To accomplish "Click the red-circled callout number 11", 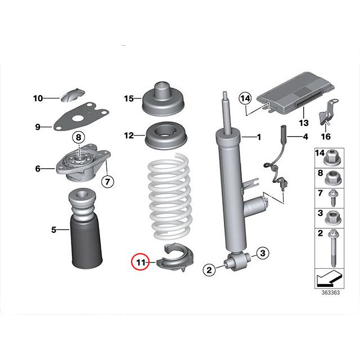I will [139, 262].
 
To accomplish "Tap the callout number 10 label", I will [38, 98].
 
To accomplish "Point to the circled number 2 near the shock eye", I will [209, 271].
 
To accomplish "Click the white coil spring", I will [169, 197].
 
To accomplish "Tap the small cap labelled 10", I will [72, 94].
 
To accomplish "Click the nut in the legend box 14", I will [332, 155].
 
